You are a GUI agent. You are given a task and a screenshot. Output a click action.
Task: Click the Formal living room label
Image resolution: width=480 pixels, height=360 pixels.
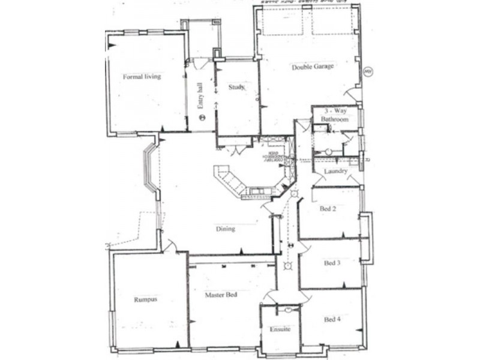(x=142, y=77)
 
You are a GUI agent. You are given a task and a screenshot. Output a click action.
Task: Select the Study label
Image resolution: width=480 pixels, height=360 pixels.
(x=236, y=88)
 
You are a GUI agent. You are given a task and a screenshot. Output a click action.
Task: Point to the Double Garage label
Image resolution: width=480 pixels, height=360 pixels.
(x=313, y=67)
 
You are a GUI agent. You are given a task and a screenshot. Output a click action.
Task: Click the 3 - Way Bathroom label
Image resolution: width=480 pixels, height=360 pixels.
(x=334, y=115)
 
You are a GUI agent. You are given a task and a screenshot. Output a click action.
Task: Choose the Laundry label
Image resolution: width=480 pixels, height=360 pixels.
(x=335, y=172)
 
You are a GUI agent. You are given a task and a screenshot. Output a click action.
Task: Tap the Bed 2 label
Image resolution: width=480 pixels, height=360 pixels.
(x=328, y=209)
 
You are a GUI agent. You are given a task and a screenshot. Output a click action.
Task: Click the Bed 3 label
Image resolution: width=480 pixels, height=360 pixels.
(x=332, y=263)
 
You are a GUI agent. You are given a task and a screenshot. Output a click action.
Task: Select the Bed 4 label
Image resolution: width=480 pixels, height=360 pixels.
(x=332, y=319)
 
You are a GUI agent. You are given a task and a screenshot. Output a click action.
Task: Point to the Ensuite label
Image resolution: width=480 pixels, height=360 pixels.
(x=280, y=329)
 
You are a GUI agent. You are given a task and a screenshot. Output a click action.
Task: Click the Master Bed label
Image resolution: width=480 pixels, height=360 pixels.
(x=220, y=295)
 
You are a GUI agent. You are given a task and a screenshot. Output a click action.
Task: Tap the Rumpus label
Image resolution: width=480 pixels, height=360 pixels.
(x=145, y=299)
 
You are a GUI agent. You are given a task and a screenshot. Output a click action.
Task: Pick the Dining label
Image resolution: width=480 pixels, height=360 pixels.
(x=226, y=229)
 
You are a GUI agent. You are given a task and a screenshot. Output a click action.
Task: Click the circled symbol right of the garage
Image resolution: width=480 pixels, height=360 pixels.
(x=368, y=72)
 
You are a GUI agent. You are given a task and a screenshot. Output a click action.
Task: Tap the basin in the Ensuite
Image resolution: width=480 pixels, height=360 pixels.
(x=288, y=310)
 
